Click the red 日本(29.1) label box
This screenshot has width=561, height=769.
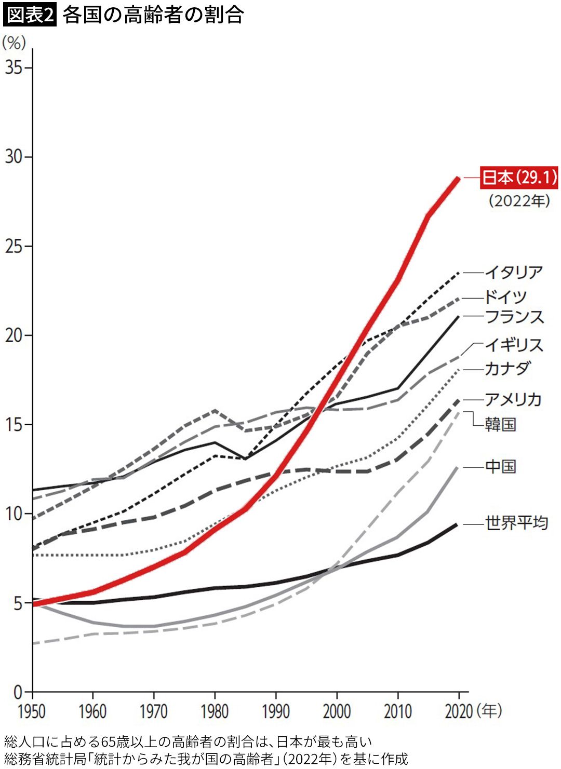point(519,178)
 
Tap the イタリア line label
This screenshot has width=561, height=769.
point(514,272)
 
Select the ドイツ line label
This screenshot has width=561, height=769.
point(506,297)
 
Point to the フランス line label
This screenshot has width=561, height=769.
point(514,317)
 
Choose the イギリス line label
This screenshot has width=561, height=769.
point(514,345)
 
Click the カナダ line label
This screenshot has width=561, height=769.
point(507,369)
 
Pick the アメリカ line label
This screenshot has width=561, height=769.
point(513,399)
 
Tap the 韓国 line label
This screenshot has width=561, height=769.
point(500,424)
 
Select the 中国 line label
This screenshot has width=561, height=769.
point(500,466)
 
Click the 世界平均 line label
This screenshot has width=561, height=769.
point(516,523)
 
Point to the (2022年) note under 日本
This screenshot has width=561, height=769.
point(519,201)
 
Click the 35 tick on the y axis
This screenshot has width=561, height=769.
point(14,68)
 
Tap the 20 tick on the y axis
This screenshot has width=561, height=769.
point(14,335)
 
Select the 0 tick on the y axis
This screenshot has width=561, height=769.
point(18,693)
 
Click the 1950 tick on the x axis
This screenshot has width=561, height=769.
point(32,711)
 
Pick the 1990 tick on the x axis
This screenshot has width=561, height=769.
point(275,711)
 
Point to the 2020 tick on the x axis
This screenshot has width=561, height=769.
point(459,711)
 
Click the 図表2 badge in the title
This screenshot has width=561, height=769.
point(30,15)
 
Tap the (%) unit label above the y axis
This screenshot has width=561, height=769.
point(14,43)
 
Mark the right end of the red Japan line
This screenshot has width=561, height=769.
point(458,178)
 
